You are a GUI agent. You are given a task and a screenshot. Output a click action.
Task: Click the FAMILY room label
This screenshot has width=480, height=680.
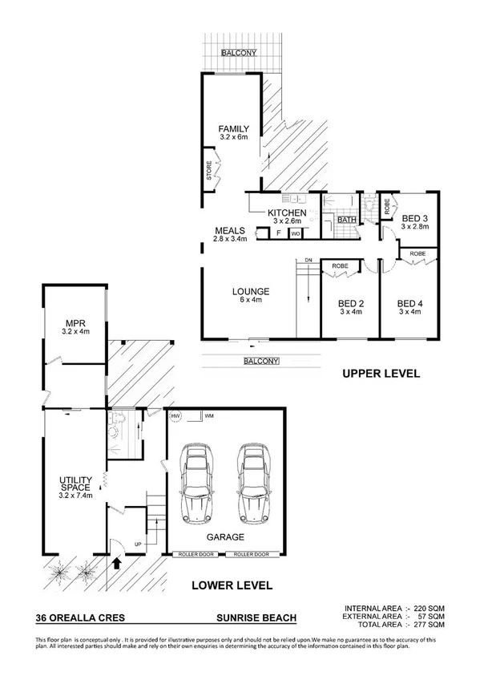235,129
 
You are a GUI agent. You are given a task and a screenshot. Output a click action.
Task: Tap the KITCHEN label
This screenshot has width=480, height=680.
287,212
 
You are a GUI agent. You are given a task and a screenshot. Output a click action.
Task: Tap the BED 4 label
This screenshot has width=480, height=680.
409,303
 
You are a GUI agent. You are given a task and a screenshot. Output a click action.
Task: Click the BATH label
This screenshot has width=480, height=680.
347,219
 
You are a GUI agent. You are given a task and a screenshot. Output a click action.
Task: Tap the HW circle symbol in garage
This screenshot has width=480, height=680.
175,417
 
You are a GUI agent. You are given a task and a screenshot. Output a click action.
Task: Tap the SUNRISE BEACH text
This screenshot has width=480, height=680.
256,617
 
